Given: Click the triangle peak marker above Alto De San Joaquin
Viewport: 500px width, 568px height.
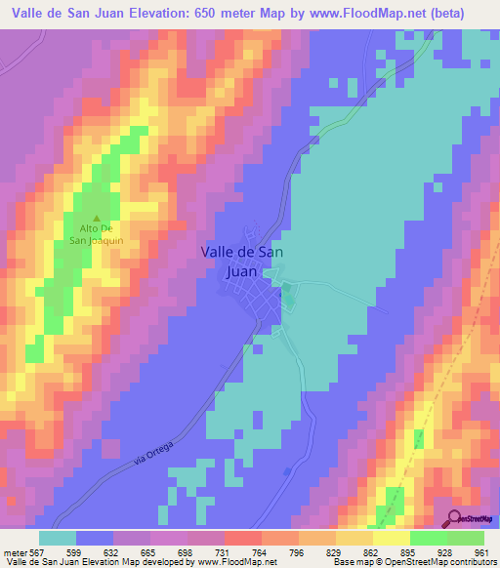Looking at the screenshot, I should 96,219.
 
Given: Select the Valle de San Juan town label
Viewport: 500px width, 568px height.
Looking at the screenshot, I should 243,261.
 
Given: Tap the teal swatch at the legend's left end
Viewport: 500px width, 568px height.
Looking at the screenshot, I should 58,538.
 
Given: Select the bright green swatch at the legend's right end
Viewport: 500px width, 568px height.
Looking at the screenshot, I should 465,538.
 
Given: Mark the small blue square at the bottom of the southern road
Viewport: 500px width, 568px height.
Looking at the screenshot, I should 286,471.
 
